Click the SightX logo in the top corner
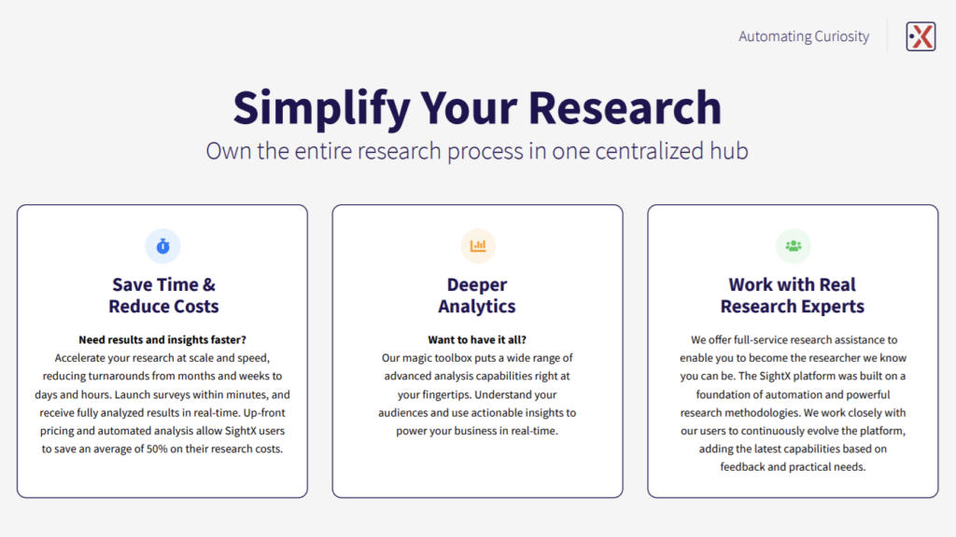[x=921, y=36]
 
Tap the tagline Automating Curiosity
[x=804, y=36]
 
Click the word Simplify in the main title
[x=321, y=108]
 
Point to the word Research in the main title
[x=625, y=107]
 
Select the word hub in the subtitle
[x=728, y=150]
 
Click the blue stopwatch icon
[x=162, y=246]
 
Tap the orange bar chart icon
[x=478, y=246]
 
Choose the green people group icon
[x=794, y=246]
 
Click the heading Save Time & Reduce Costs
[x=163, y=296]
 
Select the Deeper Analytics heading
[x=477, y=296]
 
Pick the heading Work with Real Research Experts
[x=793, y=296]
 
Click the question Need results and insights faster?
[x=162, y=339]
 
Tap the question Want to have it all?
[x=477, y=339]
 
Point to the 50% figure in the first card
[x=157, y=448]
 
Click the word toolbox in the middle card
[x=453, y=358]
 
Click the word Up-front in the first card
[x=264, y=413]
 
